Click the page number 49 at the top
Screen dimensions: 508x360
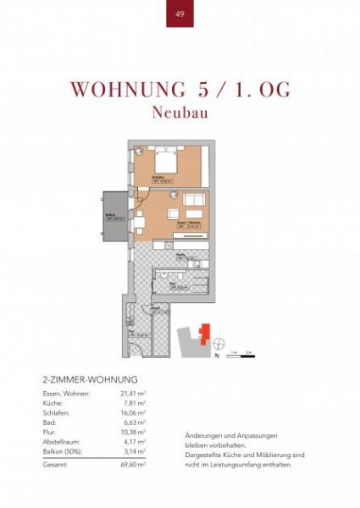[180, 14]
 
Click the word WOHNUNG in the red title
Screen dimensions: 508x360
[123, 90]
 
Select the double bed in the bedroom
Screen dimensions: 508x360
[166, 159]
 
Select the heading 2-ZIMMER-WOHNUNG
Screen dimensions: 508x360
[89, 379]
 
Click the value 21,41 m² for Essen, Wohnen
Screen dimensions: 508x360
[133, 394]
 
